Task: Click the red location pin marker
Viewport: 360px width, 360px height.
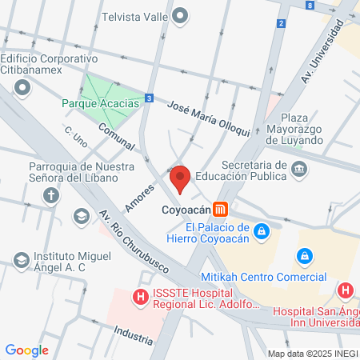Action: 179,178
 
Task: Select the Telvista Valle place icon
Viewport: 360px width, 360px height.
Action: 180,15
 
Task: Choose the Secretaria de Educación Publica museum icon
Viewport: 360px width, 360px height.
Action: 300,168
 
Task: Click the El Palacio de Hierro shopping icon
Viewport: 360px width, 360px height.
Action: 260,233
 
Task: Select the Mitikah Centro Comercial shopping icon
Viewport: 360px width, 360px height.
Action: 304,256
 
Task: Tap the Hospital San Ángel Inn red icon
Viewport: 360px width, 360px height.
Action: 346,291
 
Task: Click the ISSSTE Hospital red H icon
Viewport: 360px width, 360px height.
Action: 141,298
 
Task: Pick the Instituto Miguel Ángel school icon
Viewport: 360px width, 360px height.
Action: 22,259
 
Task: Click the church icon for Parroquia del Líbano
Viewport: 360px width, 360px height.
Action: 51,194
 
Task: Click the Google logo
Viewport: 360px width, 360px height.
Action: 26,350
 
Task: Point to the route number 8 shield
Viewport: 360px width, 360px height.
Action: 310,5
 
